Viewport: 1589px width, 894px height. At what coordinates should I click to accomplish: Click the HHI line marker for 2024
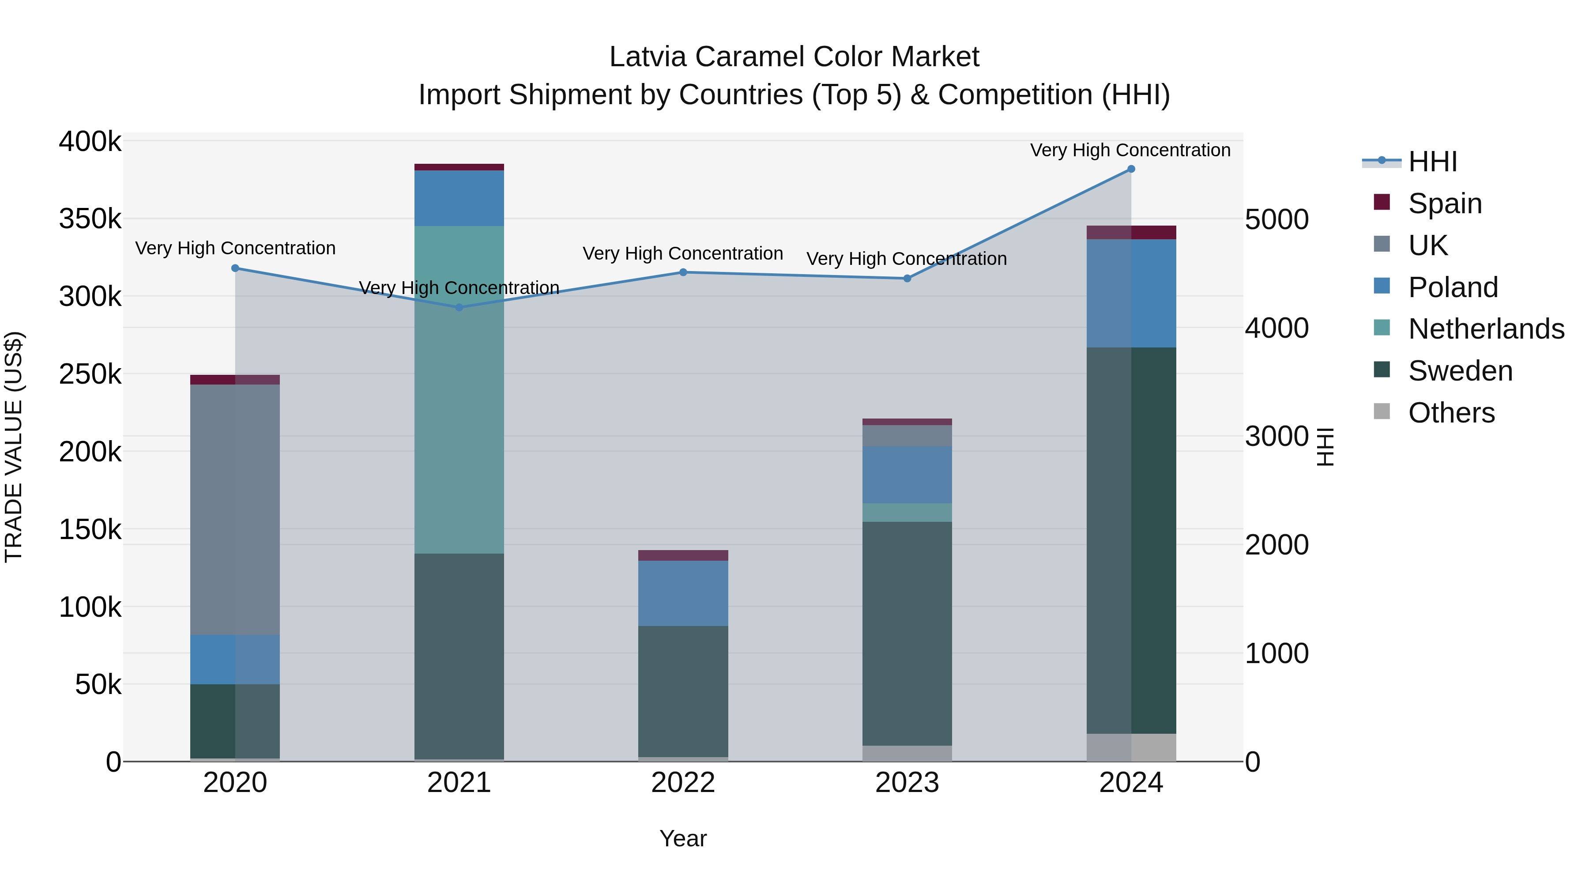1131,169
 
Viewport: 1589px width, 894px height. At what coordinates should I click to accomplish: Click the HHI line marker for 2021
459,307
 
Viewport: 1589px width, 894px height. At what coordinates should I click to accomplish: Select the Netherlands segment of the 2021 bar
459,389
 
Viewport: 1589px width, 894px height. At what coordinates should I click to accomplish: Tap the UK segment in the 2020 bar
235,509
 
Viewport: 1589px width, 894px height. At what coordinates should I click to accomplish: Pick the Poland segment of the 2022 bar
683,593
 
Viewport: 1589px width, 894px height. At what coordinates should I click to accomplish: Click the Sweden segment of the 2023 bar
907,633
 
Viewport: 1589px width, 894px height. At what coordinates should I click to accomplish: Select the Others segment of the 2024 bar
1131,747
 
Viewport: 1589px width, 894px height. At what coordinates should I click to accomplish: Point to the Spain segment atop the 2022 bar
683,555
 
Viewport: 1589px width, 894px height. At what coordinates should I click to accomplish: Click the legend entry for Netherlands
1485,329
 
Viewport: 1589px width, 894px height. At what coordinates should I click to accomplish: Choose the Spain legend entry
1445,203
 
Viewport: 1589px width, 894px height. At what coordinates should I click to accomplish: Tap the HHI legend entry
1432,162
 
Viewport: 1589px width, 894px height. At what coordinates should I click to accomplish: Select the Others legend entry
1451,413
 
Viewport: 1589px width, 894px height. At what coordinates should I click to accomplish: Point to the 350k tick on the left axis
90,219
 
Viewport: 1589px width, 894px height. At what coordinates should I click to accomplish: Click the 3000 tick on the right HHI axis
1276,436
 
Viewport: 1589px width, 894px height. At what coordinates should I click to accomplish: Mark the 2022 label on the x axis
683,783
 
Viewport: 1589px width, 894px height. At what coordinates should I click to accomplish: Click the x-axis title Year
683,838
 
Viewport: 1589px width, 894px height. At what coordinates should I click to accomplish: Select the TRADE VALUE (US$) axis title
14,447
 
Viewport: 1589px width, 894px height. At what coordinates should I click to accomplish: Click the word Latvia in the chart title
647,57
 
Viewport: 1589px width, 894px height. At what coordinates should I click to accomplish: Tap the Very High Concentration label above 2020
235,248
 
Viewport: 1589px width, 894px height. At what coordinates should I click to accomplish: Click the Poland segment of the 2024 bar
1131,293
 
